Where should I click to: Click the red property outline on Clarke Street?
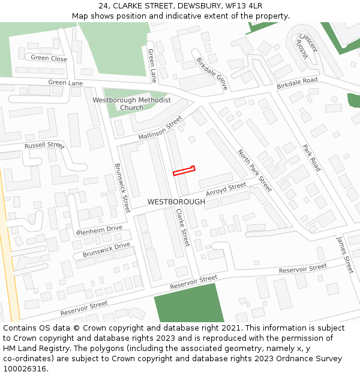184,171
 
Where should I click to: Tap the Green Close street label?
49,58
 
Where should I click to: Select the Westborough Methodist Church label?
131,104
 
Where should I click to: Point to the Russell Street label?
44,146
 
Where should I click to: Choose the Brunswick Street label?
122,188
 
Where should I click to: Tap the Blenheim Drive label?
99,230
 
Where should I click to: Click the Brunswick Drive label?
106,250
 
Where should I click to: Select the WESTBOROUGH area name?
176,202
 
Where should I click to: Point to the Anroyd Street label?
226,190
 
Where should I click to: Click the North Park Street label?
254,171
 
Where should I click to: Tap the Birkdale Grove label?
212,74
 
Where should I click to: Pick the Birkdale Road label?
297,84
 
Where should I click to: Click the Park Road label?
311,158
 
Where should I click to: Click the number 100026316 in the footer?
26,369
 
